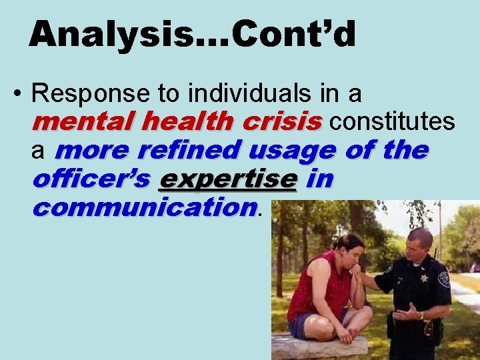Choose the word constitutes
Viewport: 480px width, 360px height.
click(x=393, y=122)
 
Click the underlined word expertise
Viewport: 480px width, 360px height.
click(x=227, y=179)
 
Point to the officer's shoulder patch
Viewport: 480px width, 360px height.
click(x=443, y=278)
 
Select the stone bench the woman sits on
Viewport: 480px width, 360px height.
click(x=320, y=347)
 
